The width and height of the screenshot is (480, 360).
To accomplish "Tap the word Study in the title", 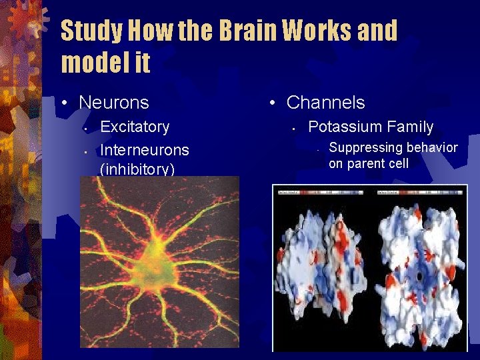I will [x=91, y=31].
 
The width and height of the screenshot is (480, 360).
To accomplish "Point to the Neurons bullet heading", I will [x=113, y=103].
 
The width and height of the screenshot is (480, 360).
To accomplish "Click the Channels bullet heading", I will [x=325, y=103].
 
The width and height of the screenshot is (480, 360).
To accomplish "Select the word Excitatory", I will [x=135, y=127].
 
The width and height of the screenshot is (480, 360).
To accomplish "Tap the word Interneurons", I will [x=144, y=150].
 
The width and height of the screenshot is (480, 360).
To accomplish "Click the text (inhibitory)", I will [x=137, y=169].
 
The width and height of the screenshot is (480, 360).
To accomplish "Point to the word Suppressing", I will [x=364, y=147].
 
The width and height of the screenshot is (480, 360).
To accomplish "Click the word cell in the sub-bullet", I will [x=399, y=163].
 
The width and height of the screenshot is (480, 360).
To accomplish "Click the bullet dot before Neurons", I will [x=64, y=103].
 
